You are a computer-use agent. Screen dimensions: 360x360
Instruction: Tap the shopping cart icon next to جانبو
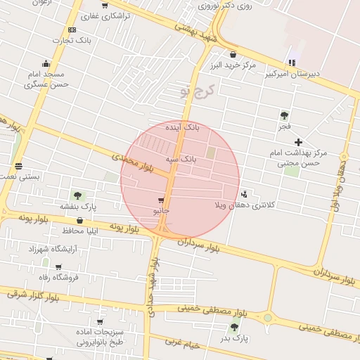pyautogui.click(x=162, y=200)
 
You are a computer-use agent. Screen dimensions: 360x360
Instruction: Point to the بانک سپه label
pyautogui.click(x=181, y=160)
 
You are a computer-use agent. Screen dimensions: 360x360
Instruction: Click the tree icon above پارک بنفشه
pyautogui.click(x=77, y=195)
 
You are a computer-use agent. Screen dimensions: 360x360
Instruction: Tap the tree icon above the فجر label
pyautogui.click(x=284, y=115)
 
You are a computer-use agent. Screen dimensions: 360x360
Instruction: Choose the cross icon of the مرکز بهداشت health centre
pyautogui.click(x=299, y=142)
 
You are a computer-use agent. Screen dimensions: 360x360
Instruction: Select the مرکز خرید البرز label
pyautogui.click(x=232, y=65)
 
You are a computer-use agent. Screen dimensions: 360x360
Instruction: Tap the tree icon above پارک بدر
pyautogui.click(x=234, y=327)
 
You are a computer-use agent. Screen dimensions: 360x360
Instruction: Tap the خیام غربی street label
pyautogui.click(x=183, y=344)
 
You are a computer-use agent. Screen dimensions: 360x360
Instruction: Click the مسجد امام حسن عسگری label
pyautogui.click(x=46, y=79)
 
